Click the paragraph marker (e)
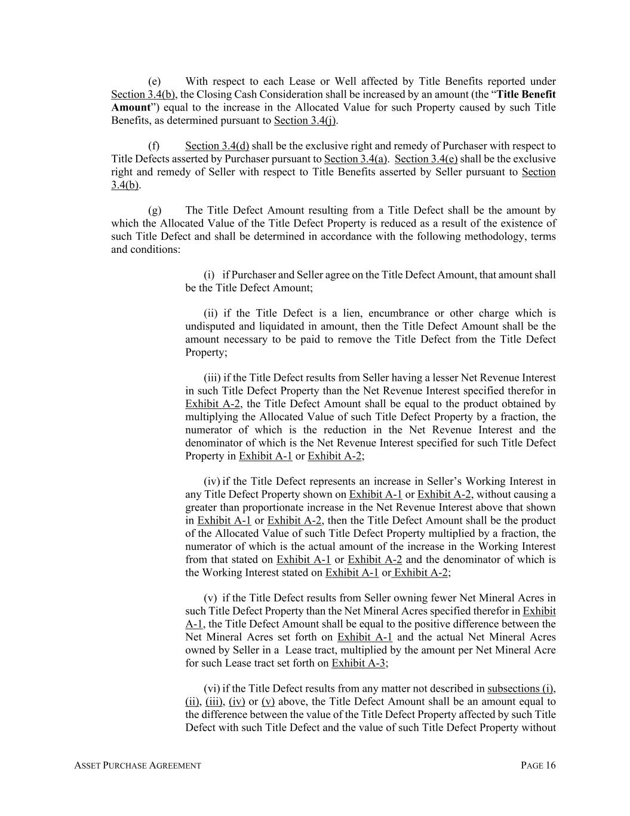click(x=154, y=81)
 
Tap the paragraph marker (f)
click(x=153, y=146)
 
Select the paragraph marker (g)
click(x=154, y=210)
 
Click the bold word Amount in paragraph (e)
click(x=130, y=108)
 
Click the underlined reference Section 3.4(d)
click(x=217, y=146)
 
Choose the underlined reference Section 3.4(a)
click(x=356, y=159)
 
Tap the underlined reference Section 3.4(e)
click(x=426, y=159)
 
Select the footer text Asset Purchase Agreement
click(x=137, y=766)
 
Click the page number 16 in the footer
click(x=550, y=766)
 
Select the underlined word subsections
click(x=512, y=689)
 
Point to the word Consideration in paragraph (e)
click(x=276, y=94)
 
